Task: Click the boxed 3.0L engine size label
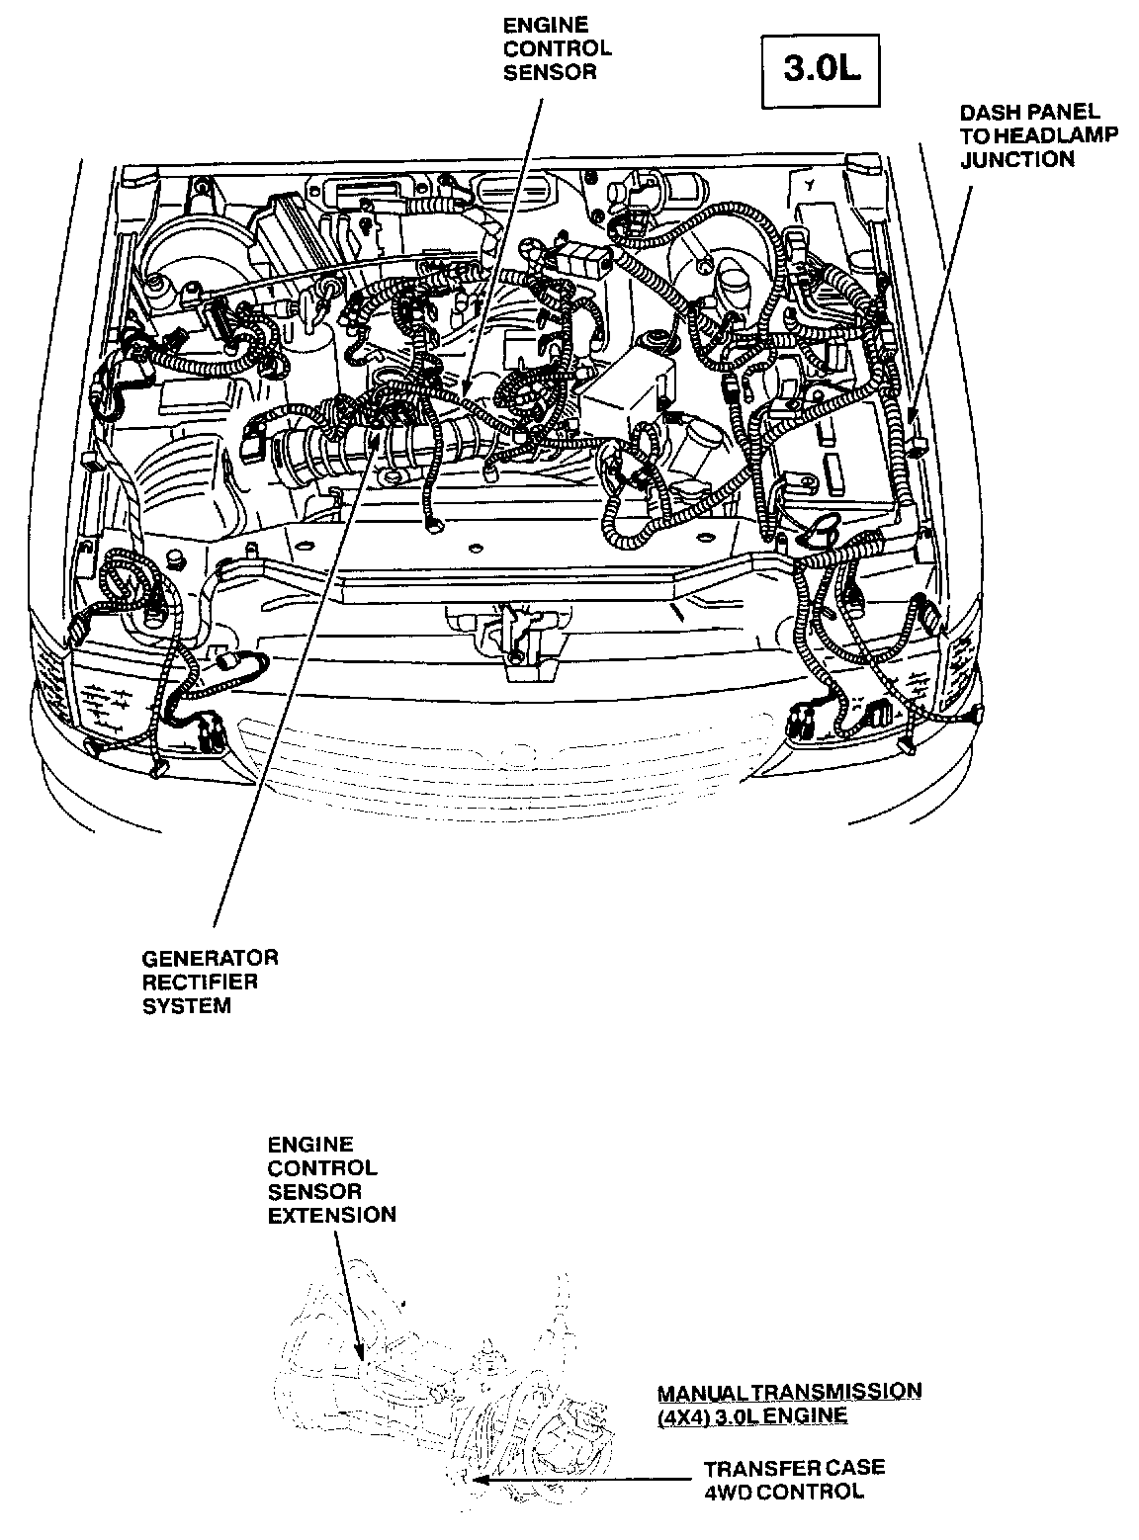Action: (821, 69)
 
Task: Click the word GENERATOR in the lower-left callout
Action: (210, 958)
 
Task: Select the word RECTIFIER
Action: (200, 982)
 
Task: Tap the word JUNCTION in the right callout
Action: (1017, 159)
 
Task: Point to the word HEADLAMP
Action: (1054, 135)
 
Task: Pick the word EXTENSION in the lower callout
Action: (332, 1215)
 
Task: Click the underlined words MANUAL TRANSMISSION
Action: (789, 1392)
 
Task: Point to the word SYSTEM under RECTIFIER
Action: (187, 1005)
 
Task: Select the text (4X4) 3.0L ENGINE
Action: (752, 1415)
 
